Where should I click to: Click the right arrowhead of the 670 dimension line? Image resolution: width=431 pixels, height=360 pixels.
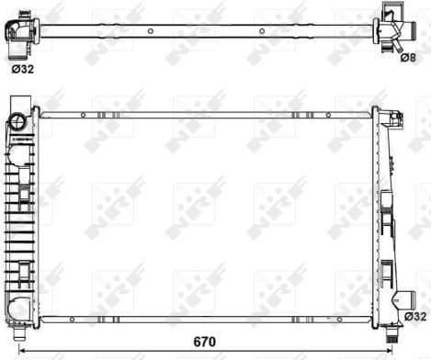pos(401,352)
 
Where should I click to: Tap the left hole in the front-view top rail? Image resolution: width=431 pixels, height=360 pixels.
pos(83,115)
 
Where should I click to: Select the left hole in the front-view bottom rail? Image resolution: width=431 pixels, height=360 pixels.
pos(83,320)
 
